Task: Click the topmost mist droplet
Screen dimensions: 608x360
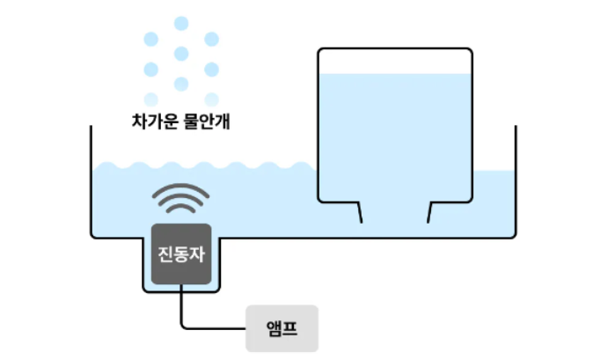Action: [181, 23]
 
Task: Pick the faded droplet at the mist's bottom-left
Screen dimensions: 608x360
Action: [150, 99]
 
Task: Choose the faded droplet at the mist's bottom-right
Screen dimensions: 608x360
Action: [211, 99]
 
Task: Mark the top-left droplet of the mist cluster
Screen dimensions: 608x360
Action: [150, 39]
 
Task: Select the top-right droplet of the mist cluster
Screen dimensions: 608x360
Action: [211, 39]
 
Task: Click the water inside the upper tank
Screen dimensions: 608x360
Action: [395, 132]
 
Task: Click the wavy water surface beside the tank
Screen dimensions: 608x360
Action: [202, 165]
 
